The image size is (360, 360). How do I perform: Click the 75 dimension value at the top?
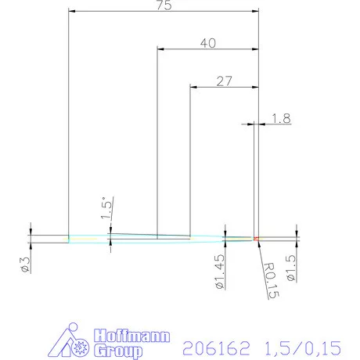(x=164, y=5)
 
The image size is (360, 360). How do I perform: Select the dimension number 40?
(x=207, y=44)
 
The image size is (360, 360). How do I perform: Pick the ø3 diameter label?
(x=26, y=265)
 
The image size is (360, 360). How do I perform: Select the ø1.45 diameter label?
(x=221, y=271)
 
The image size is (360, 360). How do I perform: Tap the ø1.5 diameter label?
(x=290, y=268)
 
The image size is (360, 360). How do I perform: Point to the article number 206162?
(x=210, y=345)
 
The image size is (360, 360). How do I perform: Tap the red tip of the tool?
(x=255, y=237)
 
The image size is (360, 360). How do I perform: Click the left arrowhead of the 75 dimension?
(x=73, y=12)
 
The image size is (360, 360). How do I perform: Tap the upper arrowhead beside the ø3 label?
(x=31, y=230)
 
